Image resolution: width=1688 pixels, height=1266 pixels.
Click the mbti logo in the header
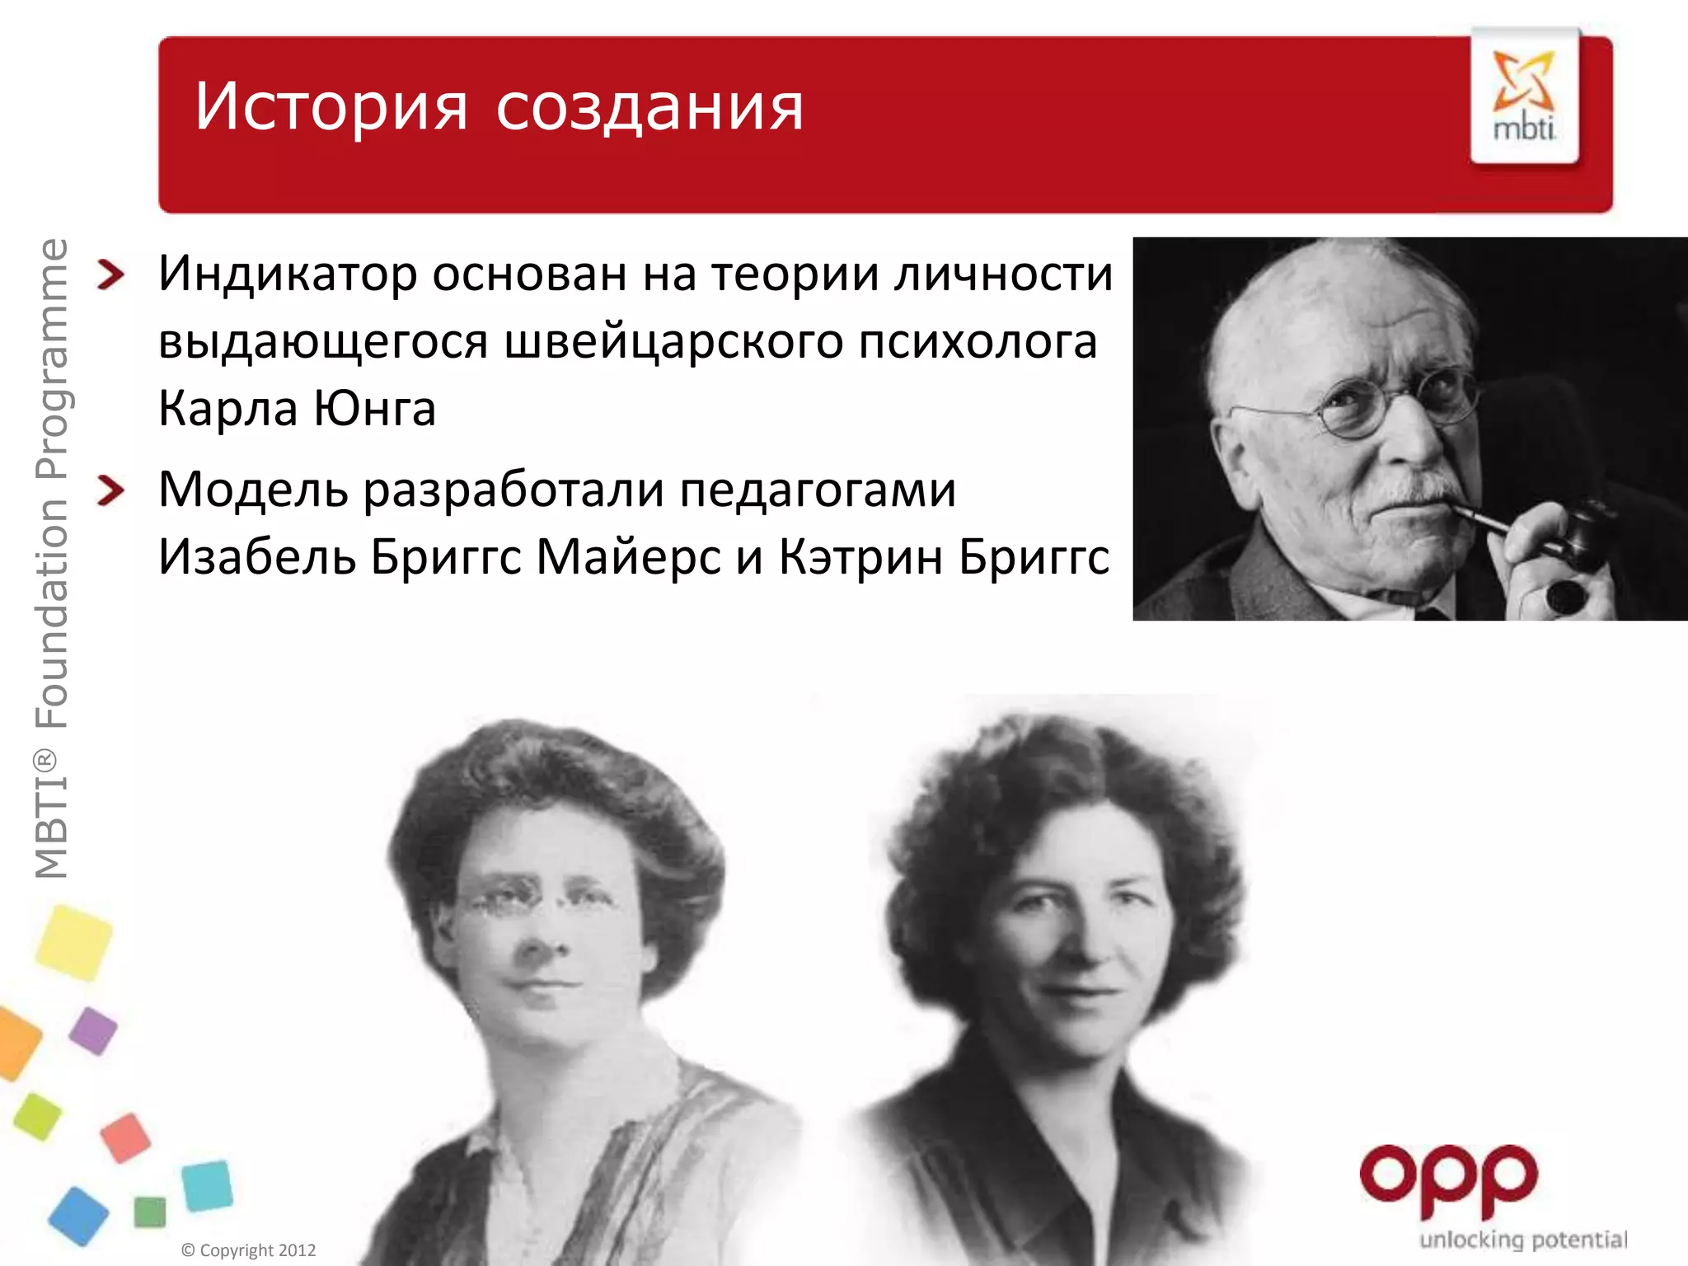[x=1525, y=96]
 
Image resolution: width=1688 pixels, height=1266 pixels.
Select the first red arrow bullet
[x=110, y=274]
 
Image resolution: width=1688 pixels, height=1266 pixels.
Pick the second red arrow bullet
[x=110, y=490]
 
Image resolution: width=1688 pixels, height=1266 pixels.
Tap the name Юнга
[x=375, y=409]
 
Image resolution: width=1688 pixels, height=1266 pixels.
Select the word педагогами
[x=818, y=490]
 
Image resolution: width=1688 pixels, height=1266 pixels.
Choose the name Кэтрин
[x=861, y=557]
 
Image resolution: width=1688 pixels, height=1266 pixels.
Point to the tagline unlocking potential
[x=1523, y=1240]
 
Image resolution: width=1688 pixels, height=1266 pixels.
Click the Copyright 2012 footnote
[x=249, y=1250]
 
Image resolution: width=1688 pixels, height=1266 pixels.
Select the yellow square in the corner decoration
[x=74, y=942]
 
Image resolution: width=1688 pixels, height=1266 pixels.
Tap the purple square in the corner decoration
[x=93, y=1030]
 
